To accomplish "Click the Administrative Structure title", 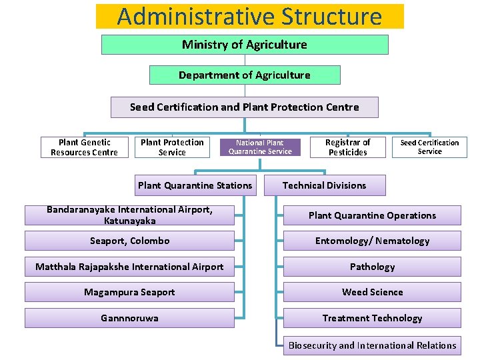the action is (249, 16).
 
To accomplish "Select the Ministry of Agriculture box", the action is (245, 45).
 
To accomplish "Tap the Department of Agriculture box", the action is (245, 75).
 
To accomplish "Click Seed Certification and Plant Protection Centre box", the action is (244, 107).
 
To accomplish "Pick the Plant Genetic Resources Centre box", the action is (84, 147).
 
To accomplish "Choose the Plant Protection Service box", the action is (172, 147).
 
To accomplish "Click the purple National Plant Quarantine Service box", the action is (260, 147).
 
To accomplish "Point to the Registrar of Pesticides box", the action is (347, 147).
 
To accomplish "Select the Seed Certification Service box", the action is (429, 147).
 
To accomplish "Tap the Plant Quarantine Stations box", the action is (195, 185).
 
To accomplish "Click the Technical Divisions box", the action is (325, 185).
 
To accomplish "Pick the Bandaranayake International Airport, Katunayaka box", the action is (130, 215).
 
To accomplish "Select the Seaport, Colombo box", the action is (130, 241).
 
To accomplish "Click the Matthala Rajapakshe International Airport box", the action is (130, 267).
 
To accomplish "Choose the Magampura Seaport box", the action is (130, 292).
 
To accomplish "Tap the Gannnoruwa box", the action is (130, 318).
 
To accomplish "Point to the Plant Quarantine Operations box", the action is (372, 215).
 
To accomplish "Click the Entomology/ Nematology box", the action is (372, 241).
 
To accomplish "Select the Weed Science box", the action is (372, 292).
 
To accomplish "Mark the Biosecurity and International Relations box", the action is (372, 345).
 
